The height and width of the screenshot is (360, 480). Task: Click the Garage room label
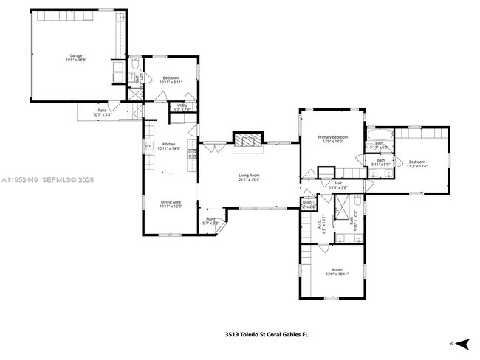[76, 55]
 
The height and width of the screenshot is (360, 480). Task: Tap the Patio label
[102, 111]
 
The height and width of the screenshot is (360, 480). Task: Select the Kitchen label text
[169, 144]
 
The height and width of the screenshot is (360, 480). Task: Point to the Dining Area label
[171, 202]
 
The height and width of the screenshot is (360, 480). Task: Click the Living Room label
[249, 175]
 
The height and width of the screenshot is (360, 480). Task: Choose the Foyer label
[210, 219]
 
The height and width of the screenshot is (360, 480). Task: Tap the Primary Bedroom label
[333, 137]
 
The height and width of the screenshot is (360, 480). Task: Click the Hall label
[338, 183]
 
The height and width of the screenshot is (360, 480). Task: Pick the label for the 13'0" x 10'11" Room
[337, 270]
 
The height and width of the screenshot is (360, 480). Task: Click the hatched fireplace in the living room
[247, 141]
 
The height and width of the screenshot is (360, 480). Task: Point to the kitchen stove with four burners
[192, 154]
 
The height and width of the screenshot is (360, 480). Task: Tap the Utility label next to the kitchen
[182, 105]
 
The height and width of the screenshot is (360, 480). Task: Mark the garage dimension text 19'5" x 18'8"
[76, 60]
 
